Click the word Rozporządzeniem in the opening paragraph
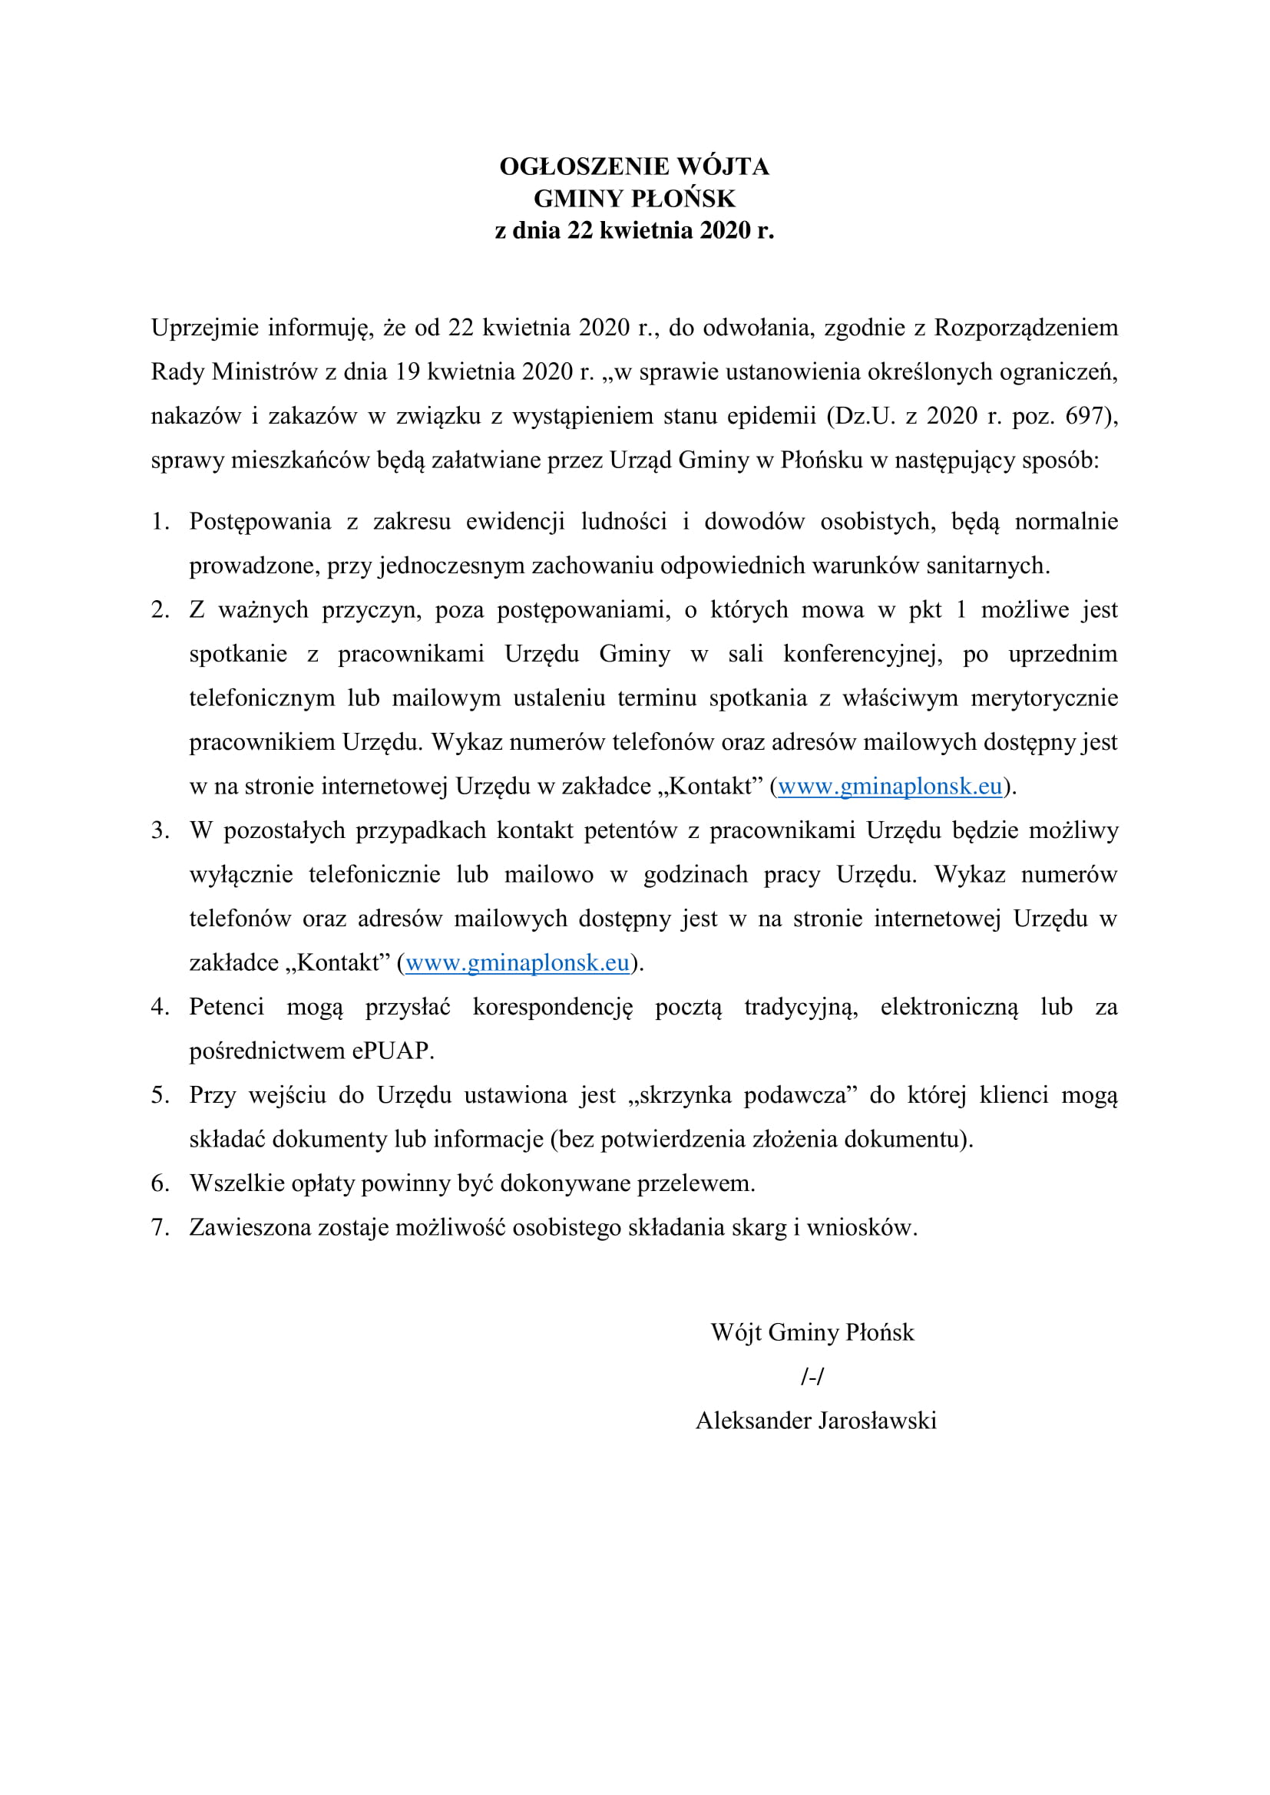[x=1026, y=328]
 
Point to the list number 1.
[x=160, y=521]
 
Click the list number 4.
[x=160, y=1007]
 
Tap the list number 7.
[x=160, y=1227]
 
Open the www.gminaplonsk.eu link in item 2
[x=890, y=787]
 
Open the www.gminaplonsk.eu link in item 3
[x=518, y=963]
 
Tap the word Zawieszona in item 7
[x=250, y=1227]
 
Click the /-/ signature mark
[x=812, y=1377]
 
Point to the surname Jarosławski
[x=877, y=1420]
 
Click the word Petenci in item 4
[x=226, y=1007]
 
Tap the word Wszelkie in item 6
[x=237, y=1183]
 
